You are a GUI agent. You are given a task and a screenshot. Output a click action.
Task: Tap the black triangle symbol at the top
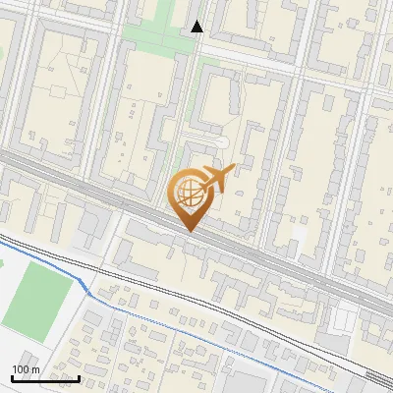click(x=197, y=27)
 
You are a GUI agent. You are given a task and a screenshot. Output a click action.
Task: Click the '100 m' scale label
click(x=26, y=369)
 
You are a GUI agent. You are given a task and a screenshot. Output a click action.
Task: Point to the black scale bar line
click(x=45, y=378)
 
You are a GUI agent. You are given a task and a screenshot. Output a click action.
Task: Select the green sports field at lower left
click(x=36, y=295)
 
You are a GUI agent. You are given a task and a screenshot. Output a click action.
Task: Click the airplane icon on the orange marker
click(x=217, y=178)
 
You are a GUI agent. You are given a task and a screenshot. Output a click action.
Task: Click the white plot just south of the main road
click(x=344, y=316)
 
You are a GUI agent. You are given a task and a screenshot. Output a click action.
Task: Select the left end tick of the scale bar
click(x=12, y=377)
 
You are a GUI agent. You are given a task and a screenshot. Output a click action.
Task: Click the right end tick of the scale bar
click(x=80, y=377)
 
